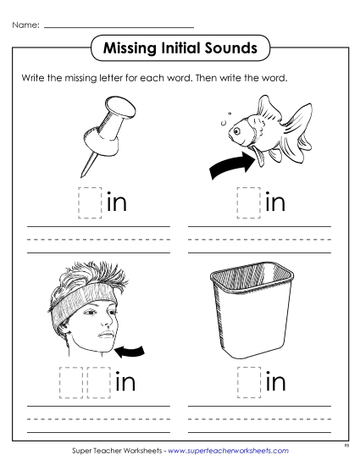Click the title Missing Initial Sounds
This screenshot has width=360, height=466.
click(x=180, y=48)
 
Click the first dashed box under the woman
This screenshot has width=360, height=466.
click(x=71, y=382)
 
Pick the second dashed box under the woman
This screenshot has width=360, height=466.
click(x=98, y=382)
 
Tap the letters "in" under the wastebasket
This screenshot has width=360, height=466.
click(x=276, y=382)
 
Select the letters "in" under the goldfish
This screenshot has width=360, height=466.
click(x=276, y=203)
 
